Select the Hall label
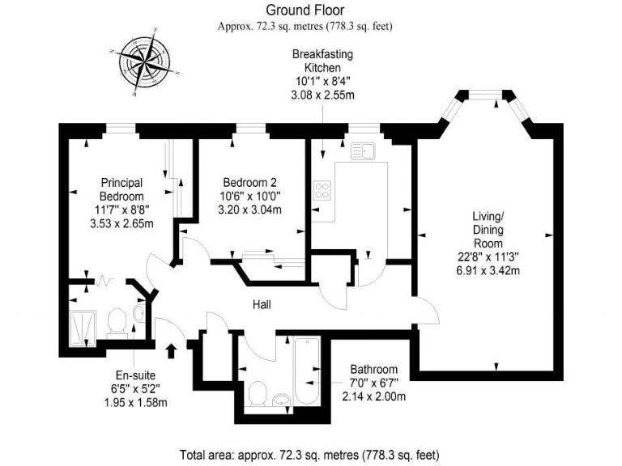pos(260,305)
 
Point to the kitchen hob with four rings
pos(323,191)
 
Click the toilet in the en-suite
pos(117,321)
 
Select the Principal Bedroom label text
pos(121,189)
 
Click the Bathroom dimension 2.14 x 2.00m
pos(374,396)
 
